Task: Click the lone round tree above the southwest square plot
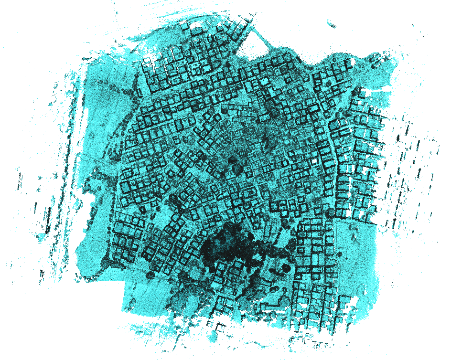pyautogui.click(x=150, y=275)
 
